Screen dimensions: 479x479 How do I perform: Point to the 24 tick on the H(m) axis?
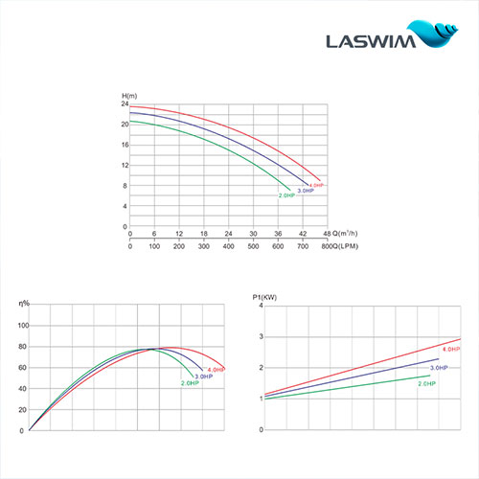coord(125,103)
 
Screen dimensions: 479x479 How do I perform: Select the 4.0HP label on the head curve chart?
coord(317,184)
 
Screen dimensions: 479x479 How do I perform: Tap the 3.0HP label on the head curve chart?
coord(306,192)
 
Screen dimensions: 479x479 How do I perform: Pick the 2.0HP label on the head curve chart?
coord(286,196)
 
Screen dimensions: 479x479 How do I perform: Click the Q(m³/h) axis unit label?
coord(347,234)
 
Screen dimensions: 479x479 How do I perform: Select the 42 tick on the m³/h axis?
coord(304,234)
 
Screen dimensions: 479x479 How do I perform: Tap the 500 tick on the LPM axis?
coord(253,246)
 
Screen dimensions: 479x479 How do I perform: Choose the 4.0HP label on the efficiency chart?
coord(217,369)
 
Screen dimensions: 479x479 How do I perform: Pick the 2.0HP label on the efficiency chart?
coord(190,383)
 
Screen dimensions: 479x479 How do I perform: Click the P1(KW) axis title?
coord(264,299)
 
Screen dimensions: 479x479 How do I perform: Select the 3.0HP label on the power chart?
coord(439,369)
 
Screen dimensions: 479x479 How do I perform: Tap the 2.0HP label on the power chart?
coord(426,383)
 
